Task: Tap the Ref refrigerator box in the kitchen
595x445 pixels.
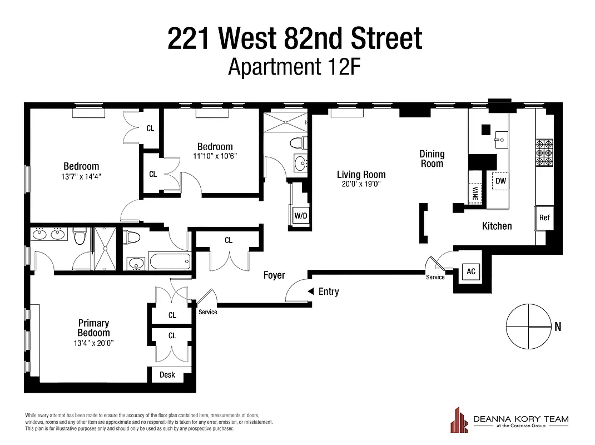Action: [544, 217]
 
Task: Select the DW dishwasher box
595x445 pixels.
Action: [500, 181]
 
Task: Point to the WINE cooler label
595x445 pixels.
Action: [475, 193]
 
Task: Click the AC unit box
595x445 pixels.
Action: [471, 271]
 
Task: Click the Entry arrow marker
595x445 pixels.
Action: [311, 291]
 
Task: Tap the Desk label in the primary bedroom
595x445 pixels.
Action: [167, 375]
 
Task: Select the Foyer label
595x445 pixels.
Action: [274, 275]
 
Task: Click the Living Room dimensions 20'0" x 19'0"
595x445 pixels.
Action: [361, 184]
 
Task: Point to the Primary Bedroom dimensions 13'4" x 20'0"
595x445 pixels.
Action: [93, 343]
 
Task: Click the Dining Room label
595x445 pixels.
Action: [432, 159]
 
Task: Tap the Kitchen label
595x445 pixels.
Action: [497, 226]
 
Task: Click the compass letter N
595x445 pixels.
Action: [558, 327]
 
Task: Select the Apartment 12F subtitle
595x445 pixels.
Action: [295, 67]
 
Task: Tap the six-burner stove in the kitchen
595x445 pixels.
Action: [543, 152]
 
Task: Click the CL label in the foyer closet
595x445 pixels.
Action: [229, 240]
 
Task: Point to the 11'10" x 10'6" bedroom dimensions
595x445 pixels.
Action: [215, 156]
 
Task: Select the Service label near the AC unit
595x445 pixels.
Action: [435, 277]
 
